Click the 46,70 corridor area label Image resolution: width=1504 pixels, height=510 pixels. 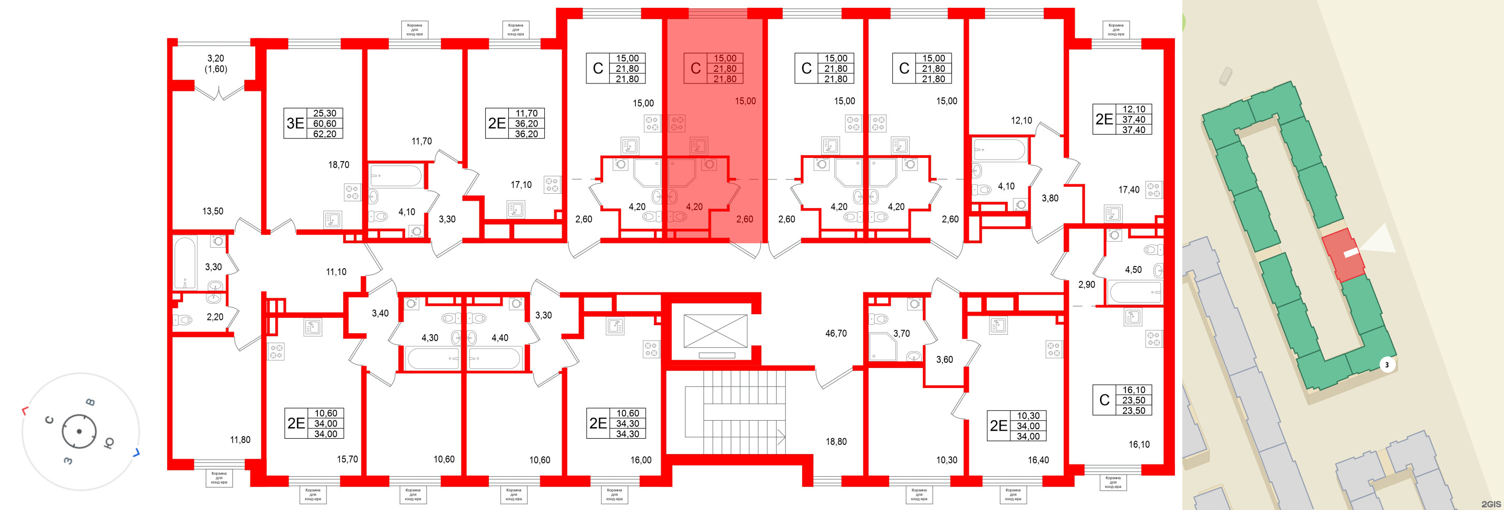(835, 334)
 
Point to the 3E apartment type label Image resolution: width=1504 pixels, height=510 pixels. (295, 123)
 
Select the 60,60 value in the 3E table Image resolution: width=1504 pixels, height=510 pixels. (325, 124)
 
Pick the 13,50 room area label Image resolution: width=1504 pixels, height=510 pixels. (213, 212)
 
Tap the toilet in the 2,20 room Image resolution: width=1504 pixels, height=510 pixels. (184, 320)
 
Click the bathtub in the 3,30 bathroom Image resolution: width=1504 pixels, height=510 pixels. (186, 263)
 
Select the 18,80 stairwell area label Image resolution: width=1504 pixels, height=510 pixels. (836, 442)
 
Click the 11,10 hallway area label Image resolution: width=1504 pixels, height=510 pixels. (336, 272)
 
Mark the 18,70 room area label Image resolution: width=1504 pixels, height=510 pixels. (339, 165)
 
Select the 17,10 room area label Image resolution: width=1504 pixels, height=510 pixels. (521, 185)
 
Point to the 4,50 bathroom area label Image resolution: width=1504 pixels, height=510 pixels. (1133, 270)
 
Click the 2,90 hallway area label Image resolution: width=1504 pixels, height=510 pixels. (1086, 285)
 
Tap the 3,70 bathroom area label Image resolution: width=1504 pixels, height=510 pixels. (901, 334)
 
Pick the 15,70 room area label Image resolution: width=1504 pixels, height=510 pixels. (348, 459)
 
